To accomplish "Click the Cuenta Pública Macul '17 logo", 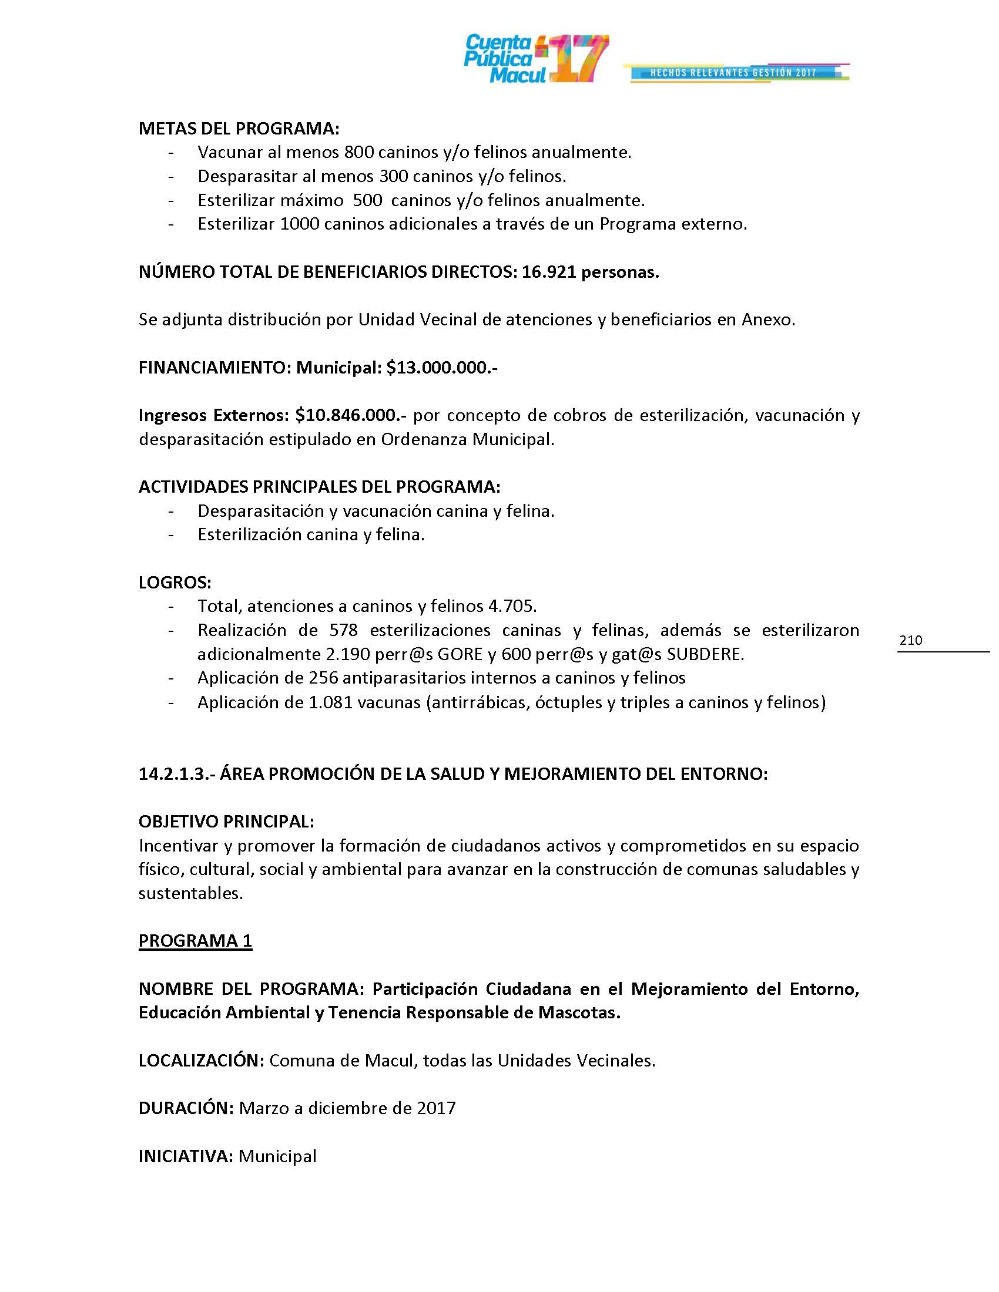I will tap(535, 59).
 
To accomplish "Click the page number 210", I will tap(910, 640).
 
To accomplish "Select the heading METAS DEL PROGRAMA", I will tap(239, 129).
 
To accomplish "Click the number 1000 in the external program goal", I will tap(300, 224).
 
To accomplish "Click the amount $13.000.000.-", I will tap(441, 368).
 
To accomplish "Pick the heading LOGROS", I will tap(175, 583).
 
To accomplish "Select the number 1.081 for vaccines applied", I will tap(331, 702).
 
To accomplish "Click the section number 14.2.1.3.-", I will tap(176, 774).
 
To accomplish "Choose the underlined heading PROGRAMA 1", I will tap(195, 941).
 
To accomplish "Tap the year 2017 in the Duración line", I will tap(436, 1108).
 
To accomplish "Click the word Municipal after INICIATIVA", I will tap(277, 1156).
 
